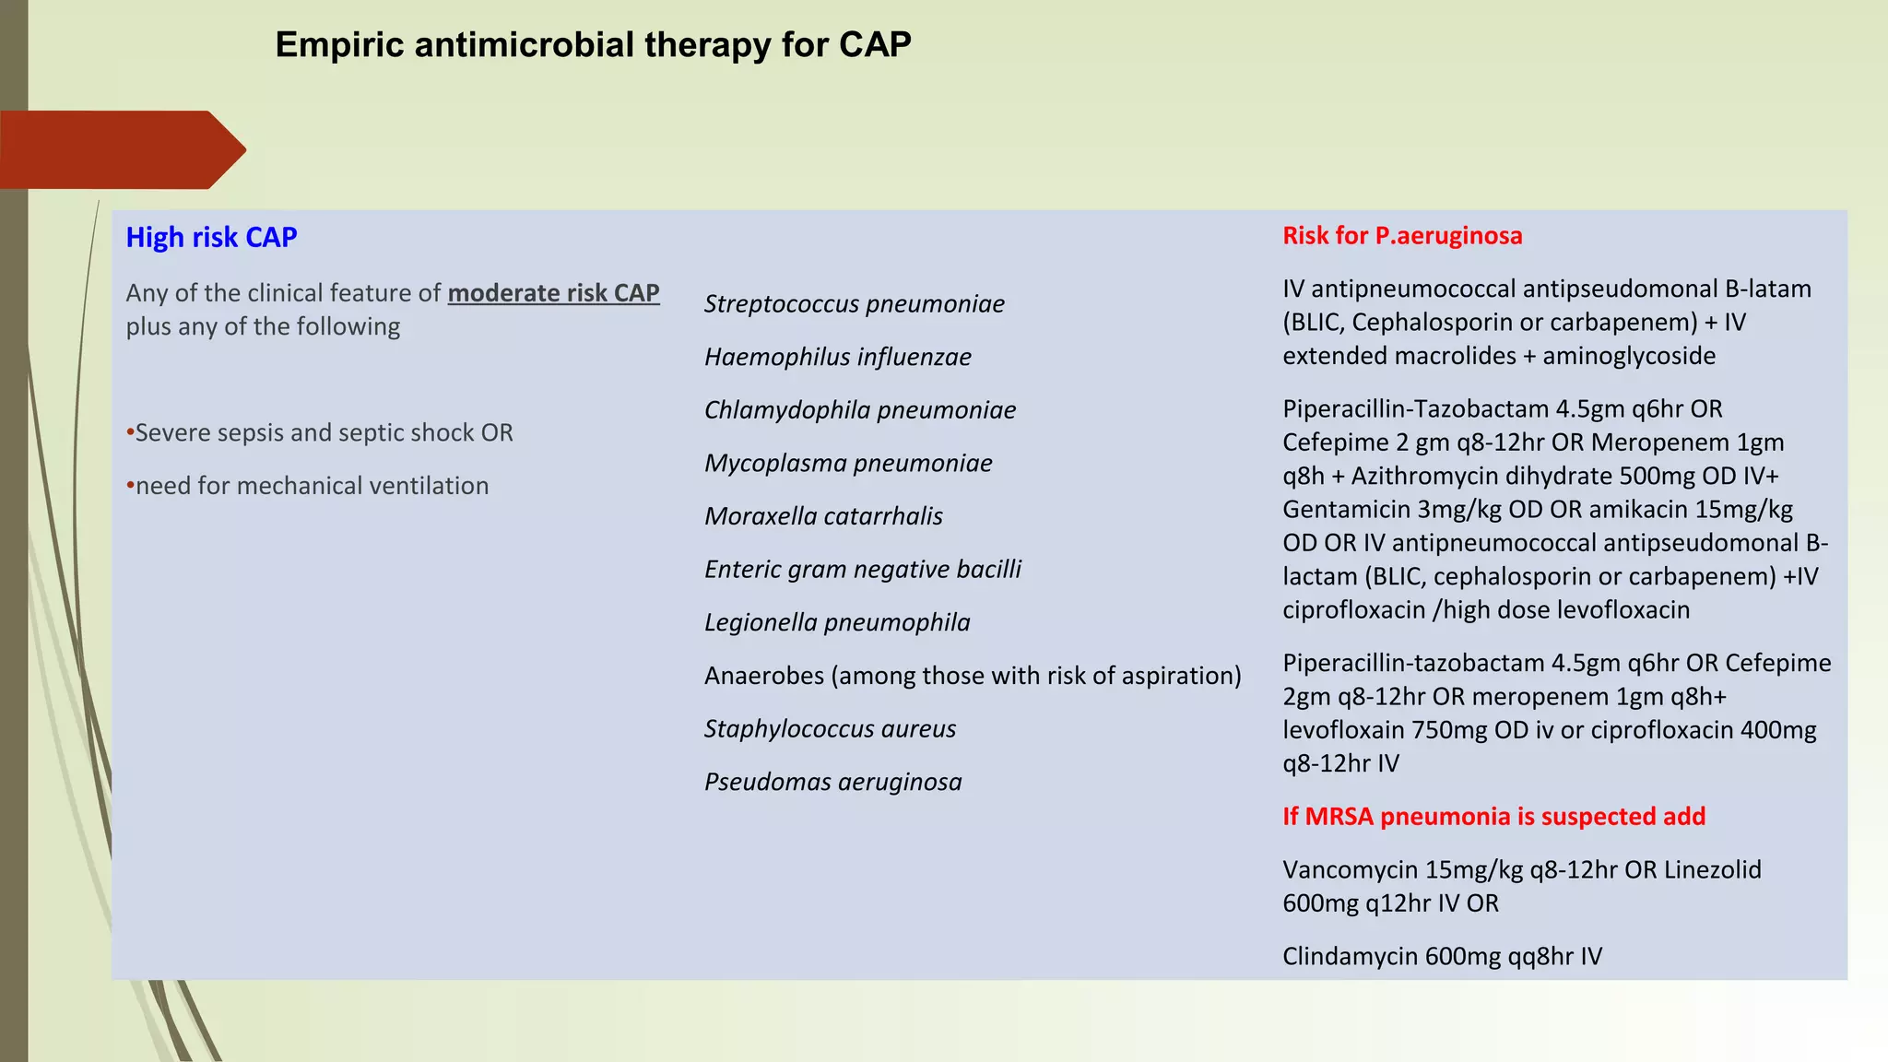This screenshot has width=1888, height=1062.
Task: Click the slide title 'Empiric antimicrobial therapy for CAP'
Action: pos(593,45)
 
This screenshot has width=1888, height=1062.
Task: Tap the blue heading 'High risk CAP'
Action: pos(211,238)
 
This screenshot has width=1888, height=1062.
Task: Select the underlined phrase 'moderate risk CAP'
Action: pos(553,293)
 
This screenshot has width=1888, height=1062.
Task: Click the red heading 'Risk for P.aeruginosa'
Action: pos(1401,236)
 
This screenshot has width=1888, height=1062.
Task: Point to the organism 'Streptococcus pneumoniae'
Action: pos(854,304)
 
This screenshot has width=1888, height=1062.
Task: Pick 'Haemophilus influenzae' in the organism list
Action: pos(837,358)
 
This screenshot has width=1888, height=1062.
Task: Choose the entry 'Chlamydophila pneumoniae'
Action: pos(859,410)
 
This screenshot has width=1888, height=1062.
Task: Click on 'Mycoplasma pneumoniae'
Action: pos(848,464)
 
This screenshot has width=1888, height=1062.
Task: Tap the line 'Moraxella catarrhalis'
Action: pos(823,516)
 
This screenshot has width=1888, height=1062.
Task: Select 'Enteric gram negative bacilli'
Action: pos(862,570)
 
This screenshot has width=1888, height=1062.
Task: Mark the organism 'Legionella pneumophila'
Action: pos(837,623)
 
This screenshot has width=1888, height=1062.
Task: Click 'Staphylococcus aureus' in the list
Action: pos(830,729)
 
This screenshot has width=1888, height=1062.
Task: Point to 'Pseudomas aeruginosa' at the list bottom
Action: pos(832,783)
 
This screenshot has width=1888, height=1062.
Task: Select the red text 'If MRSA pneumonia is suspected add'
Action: pos(1493,817)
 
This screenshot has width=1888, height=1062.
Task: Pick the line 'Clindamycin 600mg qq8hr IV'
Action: pos(1442,957)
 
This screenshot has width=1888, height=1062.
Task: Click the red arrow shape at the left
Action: pos(120,150)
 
